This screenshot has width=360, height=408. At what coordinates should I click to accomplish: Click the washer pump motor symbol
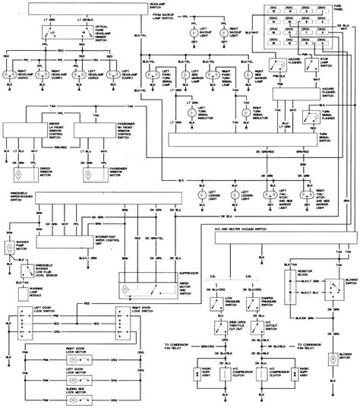pos(9,248)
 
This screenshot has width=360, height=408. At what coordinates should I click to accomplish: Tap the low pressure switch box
pos(217,303)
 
